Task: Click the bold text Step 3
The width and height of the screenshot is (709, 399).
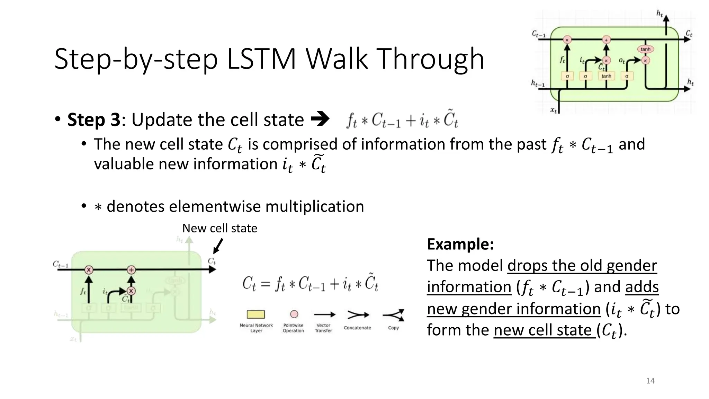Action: tap(93, 120)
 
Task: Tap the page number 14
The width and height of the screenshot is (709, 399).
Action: tap(650, 381)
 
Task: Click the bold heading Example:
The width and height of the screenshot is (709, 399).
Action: tap(460, 244)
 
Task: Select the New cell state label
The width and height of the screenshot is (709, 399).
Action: tap(219, 228)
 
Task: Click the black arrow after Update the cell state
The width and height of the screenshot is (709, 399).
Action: tap(320, 119)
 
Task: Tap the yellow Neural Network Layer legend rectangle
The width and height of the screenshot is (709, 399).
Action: tap(255, 314)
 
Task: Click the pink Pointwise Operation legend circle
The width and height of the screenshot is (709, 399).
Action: tap(294, 314)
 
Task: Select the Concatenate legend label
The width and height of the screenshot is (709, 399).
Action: tap(357, 328)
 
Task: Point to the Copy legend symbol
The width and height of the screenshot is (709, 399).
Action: tap(394, 315)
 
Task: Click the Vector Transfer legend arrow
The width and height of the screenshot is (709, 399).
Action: tap(324, 314)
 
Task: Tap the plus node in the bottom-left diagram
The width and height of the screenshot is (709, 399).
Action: tap(131, 269)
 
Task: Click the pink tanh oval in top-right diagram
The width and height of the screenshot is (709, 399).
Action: tap(645, 49)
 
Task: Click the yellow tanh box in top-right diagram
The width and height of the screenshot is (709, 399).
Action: tap(606, 76)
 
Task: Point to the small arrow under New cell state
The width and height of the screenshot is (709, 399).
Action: tap(218, 246)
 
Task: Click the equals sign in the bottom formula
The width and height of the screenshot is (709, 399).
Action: tap(265, 284)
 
